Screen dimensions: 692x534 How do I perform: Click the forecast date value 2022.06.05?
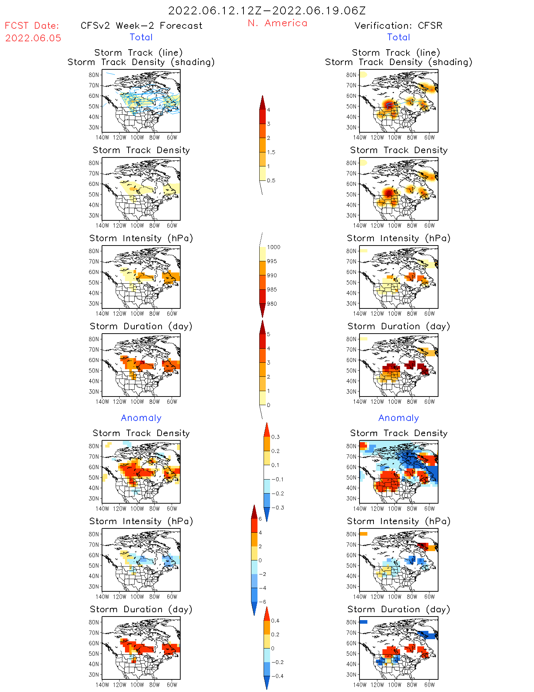[x=33, y=38]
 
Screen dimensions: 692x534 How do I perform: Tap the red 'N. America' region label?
[x=277, y=23]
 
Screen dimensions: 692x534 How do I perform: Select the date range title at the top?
[x=267, y=10]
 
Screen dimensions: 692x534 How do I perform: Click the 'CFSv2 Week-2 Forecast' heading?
[x=141, y=26]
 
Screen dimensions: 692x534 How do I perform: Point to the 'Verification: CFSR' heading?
[x=398, y=26]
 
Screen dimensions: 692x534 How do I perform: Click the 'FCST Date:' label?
[x=32, y=26]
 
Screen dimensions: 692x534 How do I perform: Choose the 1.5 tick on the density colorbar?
[x=271, y=152]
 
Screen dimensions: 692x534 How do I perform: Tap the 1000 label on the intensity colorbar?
[x=273, y=247]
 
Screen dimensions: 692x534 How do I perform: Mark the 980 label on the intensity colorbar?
[x=272, y=304]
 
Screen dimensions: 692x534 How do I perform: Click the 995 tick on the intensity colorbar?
[x=272, y=261]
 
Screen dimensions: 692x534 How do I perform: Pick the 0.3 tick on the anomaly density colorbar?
[x=275, y=437]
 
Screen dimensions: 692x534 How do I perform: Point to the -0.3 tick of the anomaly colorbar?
[x=278, y=508]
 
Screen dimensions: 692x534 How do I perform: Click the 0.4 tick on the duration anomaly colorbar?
[x=275, y=621]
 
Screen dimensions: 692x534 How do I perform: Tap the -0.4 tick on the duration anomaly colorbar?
[x=277, y=676]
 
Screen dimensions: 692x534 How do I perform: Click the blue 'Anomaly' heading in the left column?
[x=141, y=418]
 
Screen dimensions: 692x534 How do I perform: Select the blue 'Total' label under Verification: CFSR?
[x=398, y=37]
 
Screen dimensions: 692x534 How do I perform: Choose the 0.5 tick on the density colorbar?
[x=271, y=180]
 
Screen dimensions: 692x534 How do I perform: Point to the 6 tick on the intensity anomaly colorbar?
[x=260, y=519]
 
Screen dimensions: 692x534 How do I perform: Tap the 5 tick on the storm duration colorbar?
[x=269, y=334]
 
